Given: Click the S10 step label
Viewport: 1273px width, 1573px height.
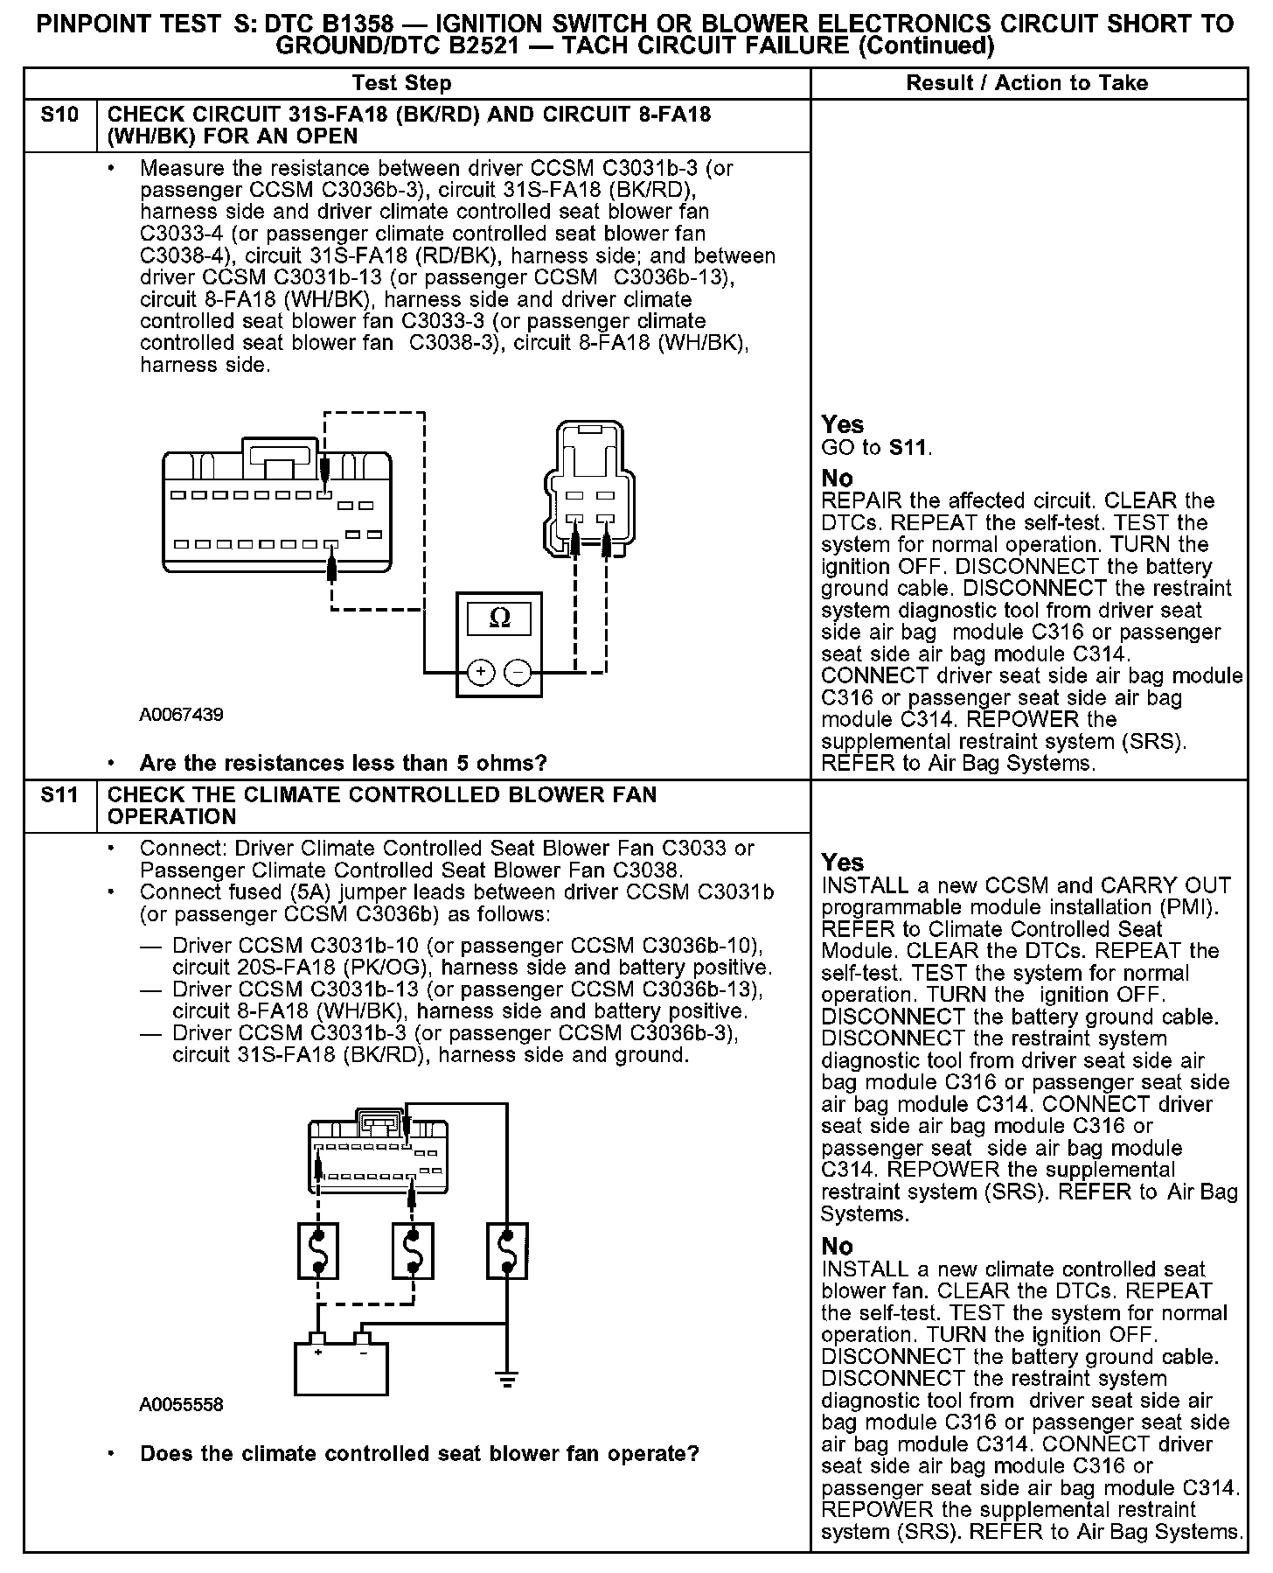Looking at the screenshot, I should [x=59, y=115].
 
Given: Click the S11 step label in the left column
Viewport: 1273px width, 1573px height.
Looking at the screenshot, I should [x=59, y=795].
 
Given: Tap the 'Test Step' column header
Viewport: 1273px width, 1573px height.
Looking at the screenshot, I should [x=401, y=83].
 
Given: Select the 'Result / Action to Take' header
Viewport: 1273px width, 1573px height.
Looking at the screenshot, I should [x=1026, y=83].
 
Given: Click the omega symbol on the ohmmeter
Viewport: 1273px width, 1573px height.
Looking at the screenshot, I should [x=499, y=619].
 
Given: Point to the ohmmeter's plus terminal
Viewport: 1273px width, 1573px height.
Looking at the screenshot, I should [x=481, y=672].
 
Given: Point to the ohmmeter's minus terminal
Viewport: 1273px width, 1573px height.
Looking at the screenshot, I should [x=518, y=672].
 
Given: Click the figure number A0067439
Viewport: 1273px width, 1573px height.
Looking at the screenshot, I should [x=181, y=715].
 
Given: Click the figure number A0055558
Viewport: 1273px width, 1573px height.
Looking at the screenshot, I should [x=181, y=1404].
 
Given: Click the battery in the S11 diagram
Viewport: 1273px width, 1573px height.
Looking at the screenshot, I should [x=341, y=1367].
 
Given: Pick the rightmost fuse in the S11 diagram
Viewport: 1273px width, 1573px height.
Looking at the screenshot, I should [x=506, y=1251].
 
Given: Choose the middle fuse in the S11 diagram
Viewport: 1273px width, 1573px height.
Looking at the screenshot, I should [x=413, y=1251].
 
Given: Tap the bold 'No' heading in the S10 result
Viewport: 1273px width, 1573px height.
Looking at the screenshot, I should [x=837, y=479].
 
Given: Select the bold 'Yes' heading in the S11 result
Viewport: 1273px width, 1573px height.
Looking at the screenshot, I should [x=842, y=863].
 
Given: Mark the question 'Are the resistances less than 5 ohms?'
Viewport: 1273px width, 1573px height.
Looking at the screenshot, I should [x=343, y=763].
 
